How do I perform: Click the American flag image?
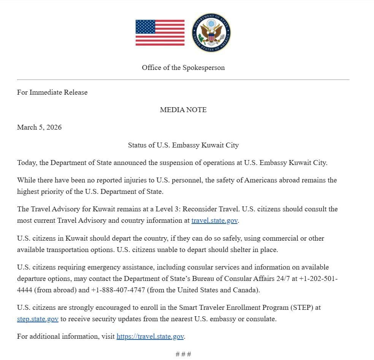(x=160, y=33)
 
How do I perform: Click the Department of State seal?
(x=211, y=33)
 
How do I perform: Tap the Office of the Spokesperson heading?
(x=183, y=68)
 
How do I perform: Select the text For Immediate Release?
(x=52, y=92)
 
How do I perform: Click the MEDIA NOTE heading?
(x=183, y=110)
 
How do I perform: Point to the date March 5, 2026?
(x=39, y=127)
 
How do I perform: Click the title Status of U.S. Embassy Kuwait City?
(x=183, y=145)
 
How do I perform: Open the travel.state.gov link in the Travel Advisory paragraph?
(x=215, y=220)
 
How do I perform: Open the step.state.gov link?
(x=38, y=319)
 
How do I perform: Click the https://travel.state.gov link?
(x=150, y=336)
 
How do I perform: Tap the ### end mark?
(x=183, y=354)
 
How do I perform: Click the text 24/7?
(x=289, y=279)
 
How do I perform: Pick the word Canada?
(x=246, y=290)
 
